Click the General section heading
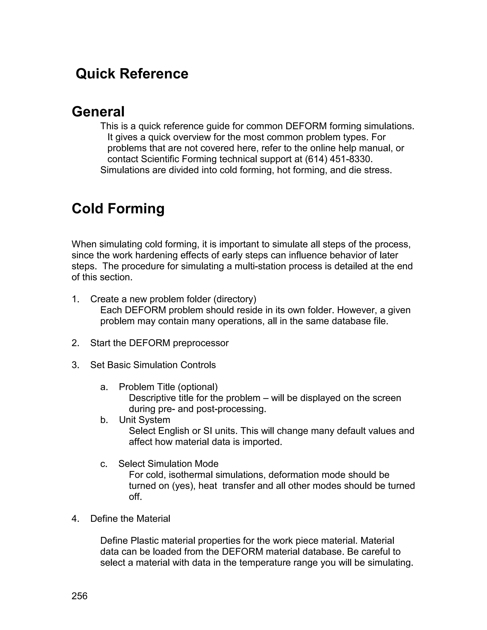click(x=98, y=112)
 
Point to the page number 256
click(x=79, y=596)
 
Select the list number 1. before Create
click(x=76, y=299)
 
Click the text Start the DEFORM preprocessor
click(x=159, y=343)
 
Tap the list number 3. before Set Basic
click(x=76, y=365)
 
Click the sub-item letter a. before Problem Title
click(x=104, y=387)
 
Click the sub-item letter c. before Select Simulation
click(x=104, y=464)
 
